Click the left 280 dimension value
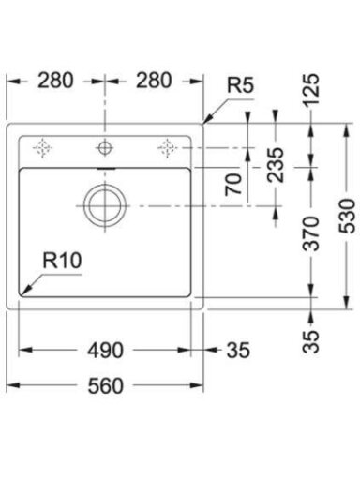[55, 81]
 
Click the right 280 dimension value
[154, 81]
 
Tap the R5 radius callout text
[240, 85]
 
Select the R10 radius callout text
[62, 261]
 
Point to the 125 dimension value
[311, 89]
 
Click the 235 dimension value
[276, 165]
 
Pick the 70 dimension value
[233, 185]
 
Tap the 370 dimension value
[311, 233]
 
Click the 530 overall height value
[347, 216]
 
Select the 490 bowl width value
[105, 350]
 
